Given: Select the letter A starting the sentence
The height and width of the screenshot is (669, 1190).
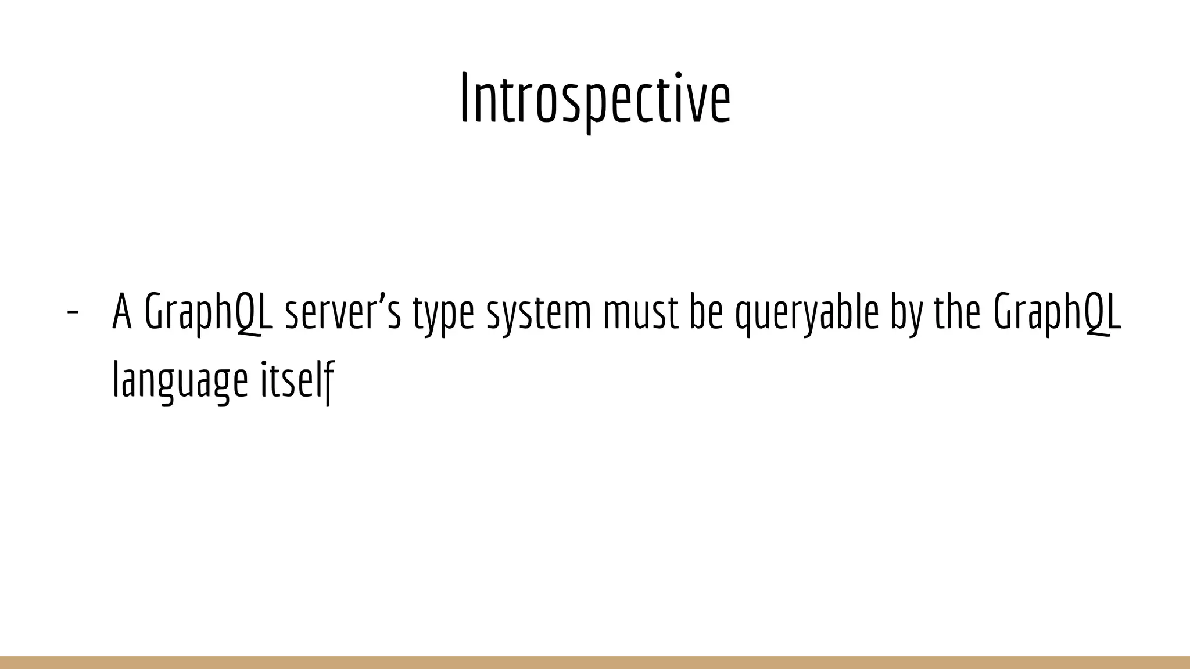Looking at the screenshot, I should point(122,312).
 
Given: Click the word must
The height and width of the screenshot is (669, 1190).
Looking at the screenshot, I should point(641,312).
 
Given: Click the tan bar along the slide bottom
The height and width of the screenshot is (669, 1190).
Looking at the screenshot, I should point(595,663).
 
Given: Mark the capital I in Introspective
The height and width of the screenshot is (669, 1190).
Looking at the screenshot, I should point(464,99).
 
